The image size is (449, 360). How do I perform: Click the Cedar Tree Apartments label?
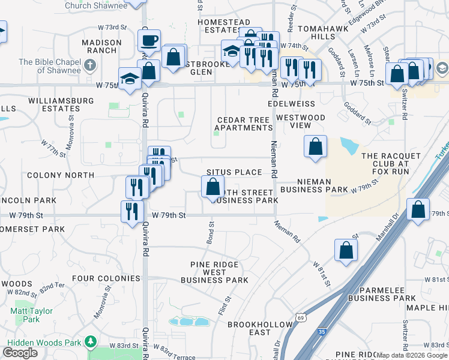(x=244, y=124)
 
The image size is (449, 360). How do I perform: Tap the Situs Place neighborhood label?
(x=234, y=172)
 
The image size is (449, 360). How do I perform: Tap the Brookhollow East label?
(x=252, y=328)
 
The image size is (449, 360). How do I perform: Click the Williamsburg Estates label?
(x=45, y=104)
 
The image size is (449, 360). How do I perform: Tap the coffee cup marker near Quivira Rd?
(x=149, y=41)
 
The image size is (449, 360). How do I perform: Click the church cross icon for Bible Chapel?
(x=91, y=66)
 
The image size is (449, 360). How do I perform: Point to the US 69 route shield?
(x=300, y=318)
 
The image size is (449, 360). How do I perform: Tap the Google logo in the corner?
(x=20, y=352)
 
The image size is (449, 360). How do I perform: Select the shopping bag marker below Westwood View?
(x=315, y=147)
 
